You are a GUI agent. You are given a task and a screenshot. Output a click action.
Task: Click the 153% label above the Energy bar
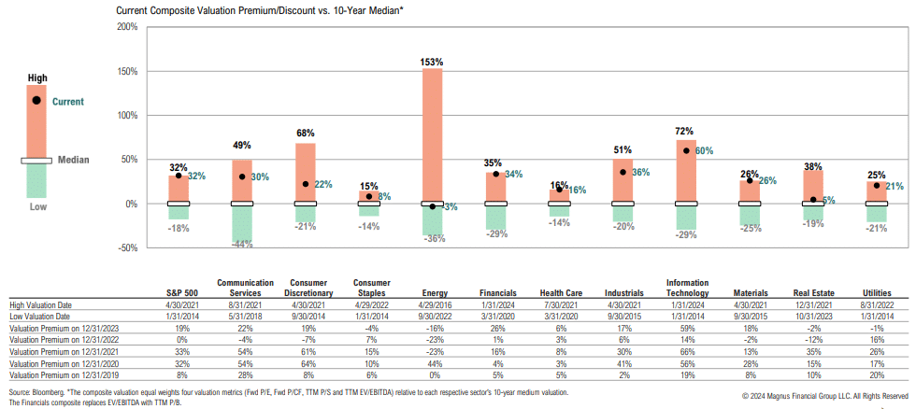pos(432,62)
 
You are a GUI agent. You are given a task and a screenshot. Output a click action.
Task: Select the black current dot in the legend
pos(36,100)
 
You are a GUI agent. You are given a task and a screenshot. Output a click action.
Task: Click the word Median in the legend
pos(72,160)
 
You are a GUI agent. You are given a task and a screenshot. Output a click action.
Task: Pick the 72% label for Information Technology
pos(686,133)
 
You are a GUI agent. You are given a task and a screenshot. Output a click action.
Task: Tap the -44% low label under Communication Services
pos(241,244)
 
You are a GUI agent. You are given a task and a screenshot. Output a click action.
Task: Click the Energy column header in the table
pos(432,292)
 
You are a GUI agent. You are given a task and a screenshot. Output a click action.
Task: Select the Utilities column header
pos(877,292)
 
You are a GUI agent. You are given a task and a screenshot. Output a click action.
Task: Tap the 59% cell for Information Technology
pos(686,329)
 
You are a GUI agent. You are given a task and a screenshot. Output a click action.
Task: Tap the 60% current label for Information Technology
pos(704,150)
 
